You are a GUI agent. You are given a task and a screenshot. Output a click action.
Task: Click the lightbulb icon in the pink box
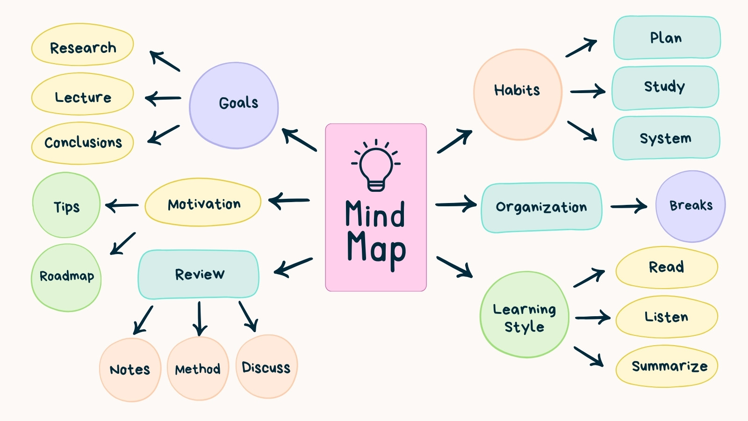pyautogui.click(x=376, y=165)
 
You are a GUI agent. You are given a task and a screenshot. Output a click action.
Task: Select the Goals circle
pyautogui.click(x=234, y=105)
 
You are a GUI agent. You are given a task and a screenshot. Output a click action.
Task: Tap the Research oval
pyautogui.click(x=82, y=44)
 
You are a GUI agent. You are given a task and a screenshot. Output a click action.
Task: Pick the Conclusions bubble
pyautogui.click(x=82, y=143)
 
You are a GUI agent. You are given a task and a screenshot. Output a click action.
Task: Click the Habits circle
pyautogui.click(x=518, y=94)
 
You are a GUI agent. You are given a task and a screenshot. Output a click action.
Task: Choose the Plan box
pyautogui.click(x=667, y=37)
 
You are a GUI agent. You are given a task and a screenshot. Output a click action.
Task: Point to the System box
pyautogui.click(x=666, y=138)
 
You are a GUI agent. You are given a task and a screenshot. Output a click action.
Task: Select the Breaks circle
pyautogui.click(x=690, y=206)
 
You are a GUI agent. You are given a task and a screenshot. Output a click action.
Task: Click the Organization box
pyautogui.click(x=541, y=207)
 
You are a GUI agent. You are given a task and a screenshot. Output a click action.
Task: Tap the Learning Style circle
pyautogui.click(x=524, y=314)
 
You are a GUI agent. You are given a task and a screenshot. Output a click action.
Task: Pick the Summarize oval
pyautogui.click(x=667, y=366)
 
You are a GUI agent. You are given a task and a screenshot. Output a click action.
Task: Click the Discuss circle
pyautogui.click(x=266, y=367)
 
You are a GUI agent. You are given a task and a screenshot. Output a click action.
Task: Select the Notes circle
pyautogui.click(x=130, y=370)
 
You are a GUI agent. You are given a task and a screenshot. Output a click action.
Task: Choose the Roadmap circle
pyautogui.click(x=66, y=278)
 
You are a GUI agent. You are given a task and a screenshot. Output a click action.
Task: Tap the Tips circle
pyautogui.click(x=66, y=205)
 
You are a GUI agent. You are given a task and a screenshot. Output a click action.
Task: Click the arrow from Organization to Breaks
pyautogui.click(x=628, y=206)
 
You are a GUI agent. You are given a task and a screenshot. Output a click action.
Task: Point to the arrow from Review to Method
pyautogui.click(x=199, y=319)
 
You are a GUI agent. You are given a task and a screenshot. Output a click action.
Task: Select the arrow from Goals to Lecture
pyautogui.click(x=163, y=98)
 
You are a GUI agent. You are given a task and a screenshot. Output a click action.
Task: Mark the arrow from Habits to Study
pyautogui.click(x=588, y=91)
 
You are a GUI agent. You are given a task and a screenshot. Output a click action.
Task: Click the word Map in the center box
pyautogui.click(x=376, y=250)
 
